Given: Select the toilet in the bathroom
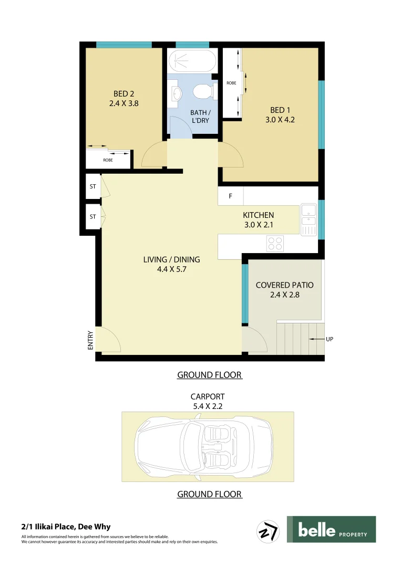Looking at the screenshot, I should click(203, 92).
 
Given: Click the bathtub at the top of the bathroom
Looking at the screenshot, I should click(192, 61).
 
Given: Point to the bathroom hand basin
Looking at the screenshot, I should click(177, 93).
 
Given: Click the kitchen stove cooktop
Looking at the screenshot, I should click(275, 243).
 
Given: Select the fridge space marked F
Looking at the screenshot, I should click(230, 196).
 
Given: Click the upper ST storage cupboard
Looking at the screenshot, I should click(93, 186).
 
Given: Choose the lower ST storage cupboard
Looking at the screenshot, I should click(93, 216).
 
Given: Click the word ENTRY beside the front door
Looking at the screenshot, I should click(90, 340).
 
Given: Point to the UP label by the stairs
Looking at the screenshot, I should click(330, 339).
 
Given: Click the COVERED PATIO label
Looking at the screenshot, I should click(284, 285).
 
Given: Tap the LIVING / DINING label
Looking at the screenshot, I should click(171, 259).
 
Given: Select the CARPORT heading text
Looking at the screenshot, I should click(208, 397).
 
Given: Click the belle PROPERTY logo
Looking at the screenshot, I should click(331, 529).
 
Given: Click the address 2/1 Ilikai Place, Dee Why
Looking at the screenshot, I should click(66, 527).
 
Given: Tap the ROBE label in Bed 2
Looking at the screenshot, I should click(108, 160).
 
